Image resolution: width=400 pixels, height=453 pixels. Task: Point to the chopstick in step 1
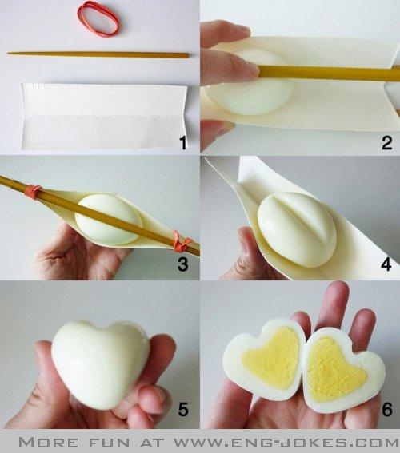98,54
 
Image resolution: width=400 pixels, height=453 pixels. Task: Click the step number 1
182,143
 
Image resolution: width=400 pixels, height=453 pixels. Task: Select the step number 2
386,143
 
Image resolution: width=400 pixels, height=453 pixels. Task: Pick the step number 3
182,264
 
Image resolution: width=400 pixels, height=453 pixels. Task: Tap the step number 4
386,264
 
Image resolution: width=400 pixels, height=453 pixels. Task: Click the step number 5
183,409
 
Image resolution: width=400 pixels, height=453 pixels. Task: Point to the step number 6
387,409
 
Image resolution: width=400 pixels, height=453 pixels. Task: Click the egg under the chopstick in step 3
109,219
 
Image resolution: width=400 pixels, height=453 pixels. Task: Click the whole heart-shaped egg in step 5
100,363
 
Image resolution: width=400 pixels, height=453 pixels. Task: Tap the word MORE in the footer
48,443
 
